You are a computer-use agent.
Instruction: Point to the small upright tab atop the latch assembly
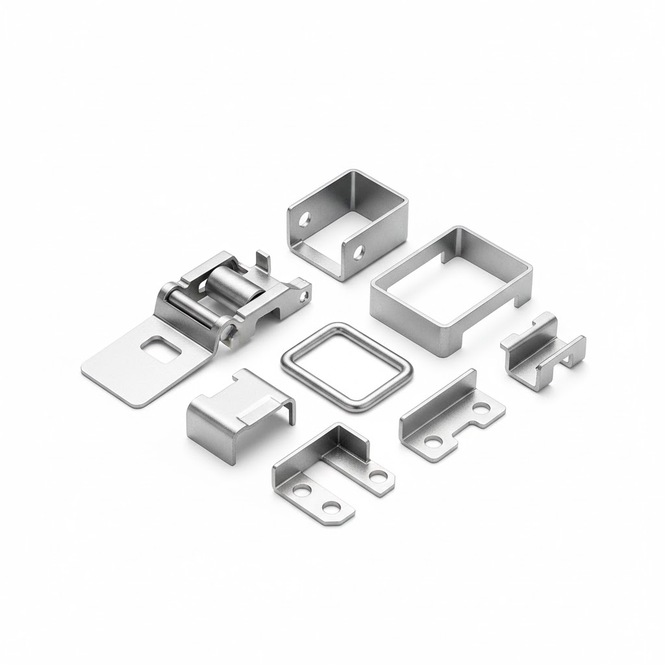tap(262, 261)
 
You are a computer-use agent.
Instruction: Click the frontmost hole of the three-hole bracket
tap(332, 506)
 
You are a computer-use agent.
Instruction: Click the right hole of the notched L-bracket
tap(481, 408)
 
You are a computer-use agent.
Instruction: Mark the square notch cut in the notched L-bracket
tap(465, 429)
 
